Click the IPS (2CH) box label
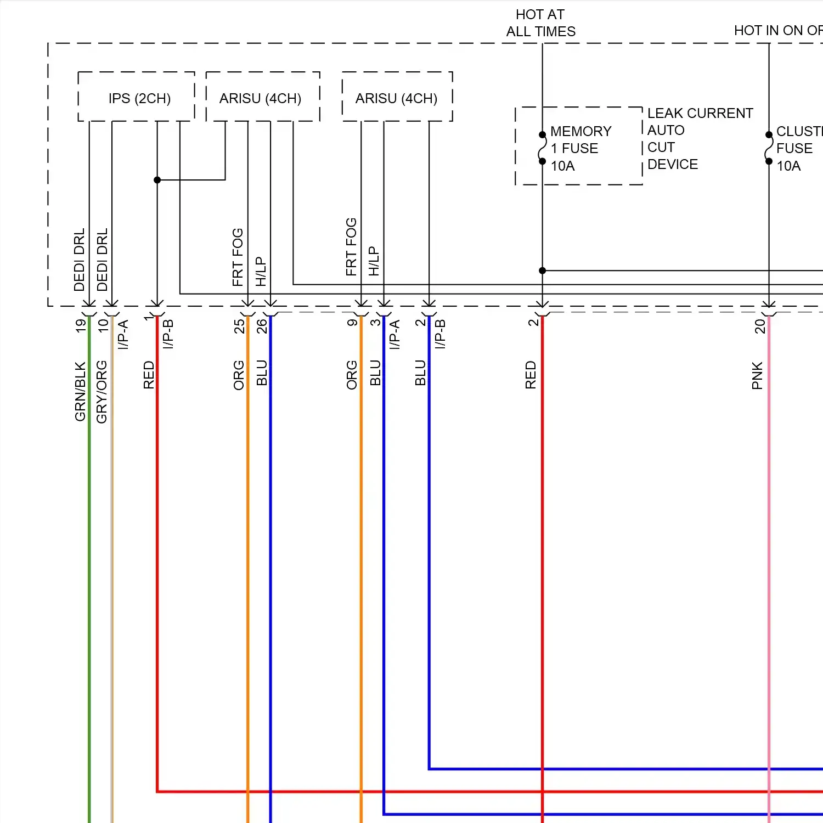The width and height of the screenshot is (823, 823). click(139, 98)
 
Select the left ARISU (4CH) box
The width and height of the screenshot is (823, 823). click(261, 98)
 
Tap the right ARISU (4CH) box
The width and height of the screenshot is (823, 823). click(396, 98)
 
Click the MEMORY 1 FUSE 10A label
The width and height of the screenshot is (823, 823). click(580, 148)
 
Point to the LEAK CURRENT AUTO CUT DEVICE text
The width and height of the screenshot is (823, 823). click(700, 138)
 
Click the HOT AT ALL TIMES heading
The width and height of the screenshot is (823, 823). click(540, 22)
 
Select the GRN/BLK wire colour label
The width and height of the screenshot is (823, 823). click(81, 391)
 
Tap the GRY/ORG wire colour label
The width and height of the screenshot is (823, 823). click(102, 392)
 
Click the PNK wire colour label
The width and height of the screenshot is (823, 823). click(757, 375)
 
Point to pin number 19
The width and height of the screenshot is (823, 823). click(81, 325)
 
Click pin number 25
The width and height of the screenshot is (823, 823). click(239, 326)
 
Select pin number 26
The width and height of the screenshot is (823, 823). click(262, 326)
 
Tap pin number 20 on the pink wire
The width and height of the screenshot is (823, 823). click(760, 326)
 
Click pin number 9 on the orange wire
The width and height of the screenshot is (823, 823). click(352, 323)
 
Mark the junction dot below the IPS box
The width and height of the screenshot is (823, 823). click(157, 180)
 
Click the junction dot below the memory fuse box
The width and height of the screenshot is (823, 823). click(542, 270)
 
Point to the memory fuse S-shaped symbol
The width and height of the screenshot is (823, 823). click(542, 148)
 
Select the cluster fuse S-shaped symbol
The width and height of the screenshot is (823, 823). click(769, 148)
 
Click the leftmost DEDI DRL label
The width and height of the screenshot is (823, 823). click(80, 260)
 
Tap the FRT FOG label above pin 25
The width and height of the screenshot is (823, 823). click(238, 257)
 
